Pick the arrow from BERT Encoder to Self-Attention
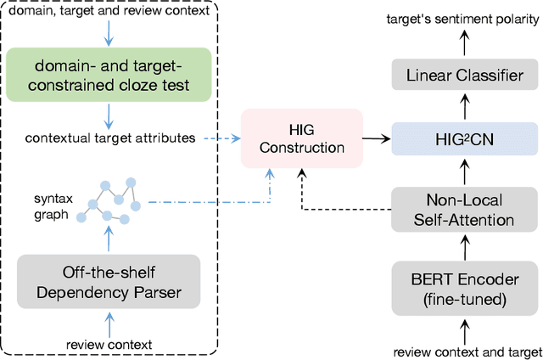point(462,246)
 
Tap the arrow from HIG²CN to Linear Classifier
point(462,106)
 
